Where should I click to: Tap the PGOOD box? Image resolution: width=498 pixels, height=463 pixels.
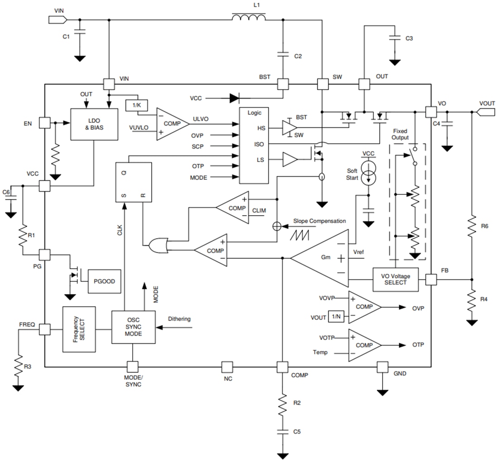[104, 281]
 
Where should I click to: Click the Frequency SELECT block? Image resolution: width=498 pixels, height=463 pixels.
[79, 329]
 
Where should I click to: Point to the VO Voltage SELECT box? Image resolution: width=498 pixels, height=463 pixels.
[395, 280]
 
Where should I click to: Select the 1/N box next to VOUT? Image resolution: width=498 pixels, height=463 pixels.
[336, 317]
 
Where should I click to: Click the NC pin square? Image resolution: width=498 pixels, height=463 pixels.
[227, 367]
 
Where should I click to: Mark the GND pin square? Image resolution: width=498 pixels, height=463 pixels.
[383, 367]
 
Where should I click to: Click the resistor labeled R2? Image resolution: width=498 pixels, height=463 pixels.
[283, 402]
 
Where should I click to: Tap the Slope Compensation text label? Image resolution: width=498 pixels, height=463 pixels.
[319, 221]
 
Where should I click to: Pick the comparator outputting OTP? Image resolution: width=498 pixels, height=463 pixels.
[364, 345]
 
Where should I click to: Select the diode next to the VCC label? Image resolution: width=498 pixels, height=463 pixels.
[234, 98]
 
